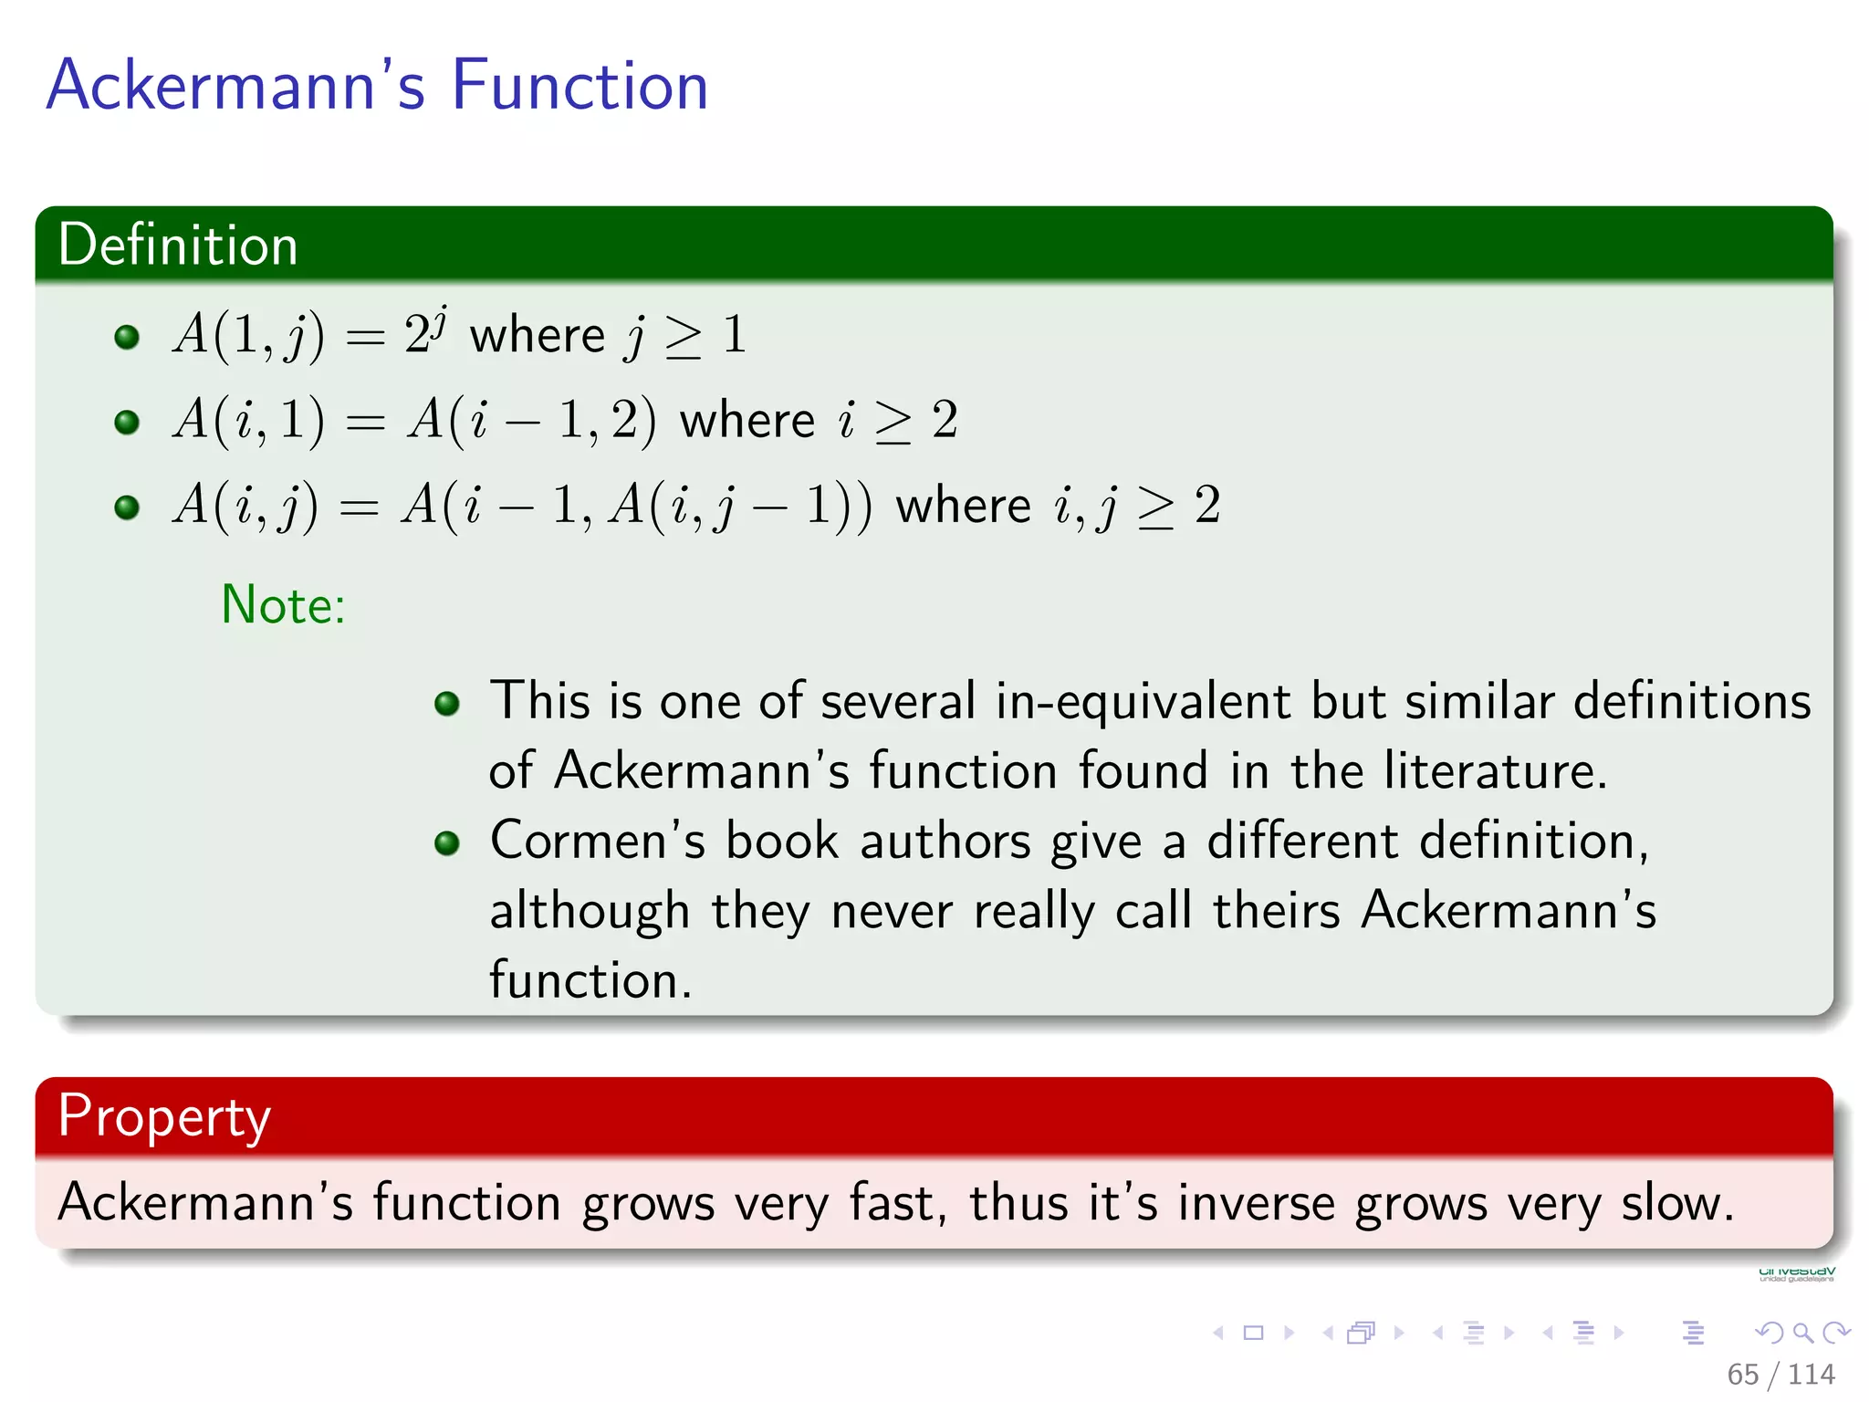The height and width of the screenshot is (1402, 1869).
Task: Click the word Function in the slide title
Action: point(579,85)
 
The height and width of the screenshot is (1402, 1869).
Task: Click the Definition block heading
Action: point(178,245)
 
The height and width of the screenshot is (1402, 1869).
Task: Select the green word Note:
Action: point(283,604)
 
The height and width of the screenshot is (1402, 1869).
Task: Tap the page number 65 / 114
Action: point(1780,1374)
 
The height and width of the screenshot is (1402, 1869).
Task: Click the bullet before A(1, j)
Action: point(127,337)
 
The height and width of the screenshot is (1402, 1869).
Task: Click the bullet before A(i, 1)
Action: point(127,422)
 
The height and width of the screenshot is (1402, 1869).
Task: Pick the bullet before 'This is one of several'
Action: point(446,703)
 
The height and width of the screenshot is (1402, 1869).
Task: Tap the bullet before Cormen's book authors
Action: point(446,842)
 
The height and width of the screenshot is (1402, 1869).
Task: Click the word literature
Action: point(1494,771)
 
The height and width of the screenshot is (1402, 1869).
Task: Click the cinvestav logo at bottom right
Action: point(1796,1273)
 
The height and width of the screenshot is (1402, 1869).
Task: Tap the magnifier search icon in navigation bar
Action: point(1802,1333)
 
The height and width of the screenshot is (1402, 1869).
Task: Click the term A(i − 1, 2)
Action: point(531,421)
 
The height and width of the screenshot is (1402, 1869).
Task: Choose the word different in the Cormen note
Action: point(1302,841)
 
